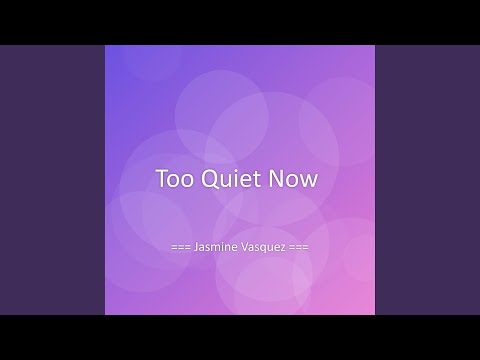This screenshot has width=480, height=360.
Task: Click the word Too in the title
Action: (173, 180)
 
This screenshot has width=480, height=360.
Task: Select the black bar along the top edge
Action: (240, 21)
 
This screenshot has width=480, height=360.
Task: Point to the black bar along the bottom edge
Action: (240, 338)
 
